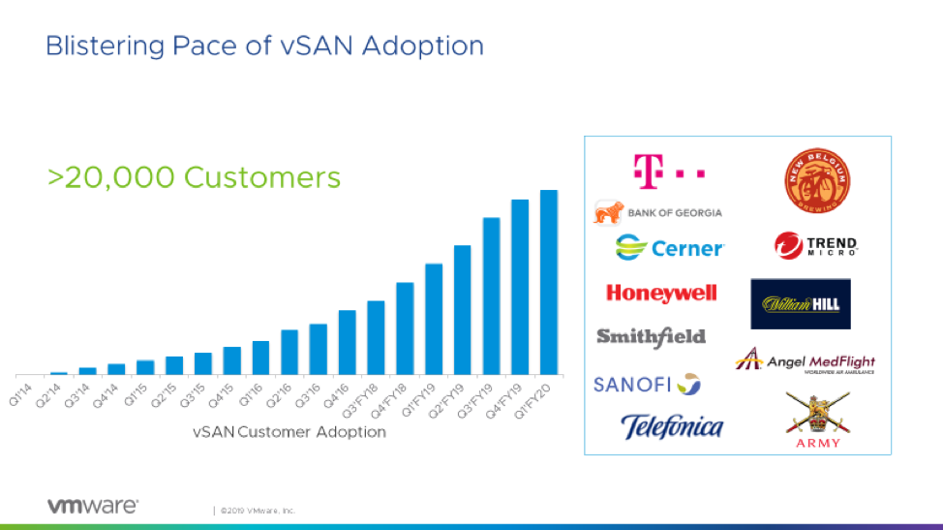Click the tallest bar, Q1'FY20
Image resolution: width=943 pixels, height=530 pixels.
point(549,282)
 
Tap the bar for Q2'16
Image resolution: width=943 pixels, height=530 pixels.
point(289,352)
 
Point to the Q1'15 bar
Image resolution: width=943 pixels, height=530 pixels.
point(145,367)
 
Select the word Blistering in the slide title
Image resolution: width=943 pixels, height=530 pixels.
point(92,46)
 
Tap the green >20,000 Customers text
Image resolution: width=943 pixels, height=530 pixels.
point(195,177)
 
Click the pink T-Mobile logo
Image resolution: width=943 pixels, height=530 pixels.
point(667,171)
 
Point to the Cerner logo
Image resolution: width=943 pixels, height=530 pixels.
point(669,248)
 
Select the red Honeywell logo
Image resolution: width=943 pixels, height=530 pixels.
point(661,293)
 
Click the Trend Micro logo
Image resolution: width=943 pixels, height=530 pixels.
point(816,246)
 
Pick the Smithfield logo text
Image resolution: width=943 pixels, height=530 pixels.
point(651,336)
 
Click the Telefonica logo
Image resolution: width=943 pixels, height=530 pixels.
point(671,426)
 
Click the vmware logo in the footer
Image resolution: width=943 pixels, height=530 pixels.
point(92,506)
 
